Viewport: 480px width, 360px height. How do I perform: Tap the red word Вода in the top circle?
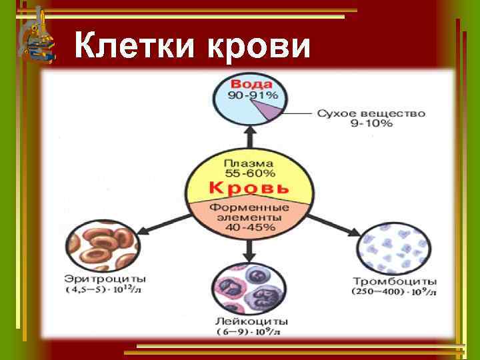pyautogui.click(x=251, y=85)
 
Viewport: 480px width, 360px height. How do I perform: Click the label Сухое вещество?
pyautogui.click(x=371, y=113)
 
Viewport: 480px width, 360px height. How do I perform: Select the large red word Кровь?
pyautogui.click(x=249, y=188)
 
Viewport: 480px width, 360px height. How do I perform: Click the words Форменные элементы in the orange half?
pyautogui.click(x=249, y=212)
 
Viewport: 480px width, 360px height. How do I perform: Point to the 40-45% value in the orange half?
pyautogui.click(x=249, y=228)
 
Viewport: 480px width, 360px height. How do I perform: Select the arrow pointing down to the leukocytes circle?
pyautogui.click(x=249, y=250)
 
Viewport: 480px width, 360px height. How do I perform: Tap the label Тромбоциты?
pyautogui.click(x=395, y=281)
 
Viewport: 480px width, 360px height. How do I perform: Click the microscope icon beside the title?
pyautogui.click(x=37, y=37)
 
